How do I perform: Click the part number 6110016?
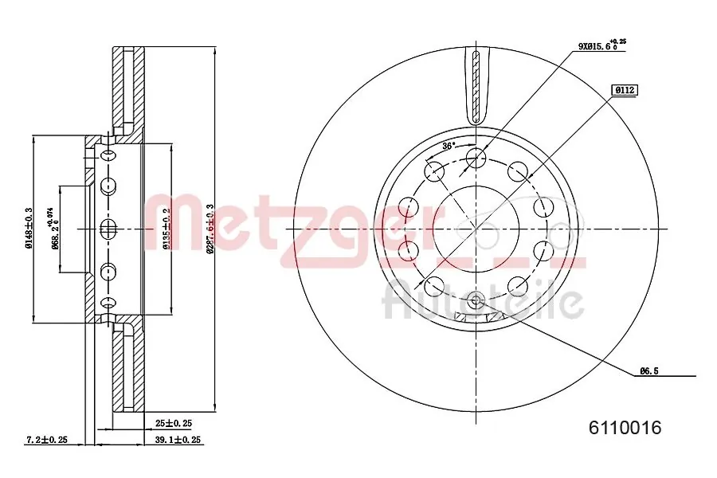coord(625,428)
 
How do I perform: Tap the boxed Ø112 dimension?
coord(624,90)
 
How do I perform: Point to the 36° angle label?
coord(448,146)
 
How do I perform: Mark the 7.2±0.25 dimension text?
coord(46,439)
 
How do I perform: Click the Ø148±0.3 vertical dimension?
coord(29,229)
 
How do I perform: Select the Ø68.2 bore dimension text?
coord(54,229)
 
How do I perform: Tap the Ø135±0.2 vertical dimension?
coord(167,229)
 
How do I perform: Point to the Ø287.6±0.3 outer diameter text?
coord(210,229)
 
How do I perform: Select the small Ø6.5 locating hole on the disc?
coord(476,300)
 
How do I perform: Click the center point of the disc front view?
coord(476,229)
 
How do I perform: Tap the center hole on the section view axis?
coord(109,229)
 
